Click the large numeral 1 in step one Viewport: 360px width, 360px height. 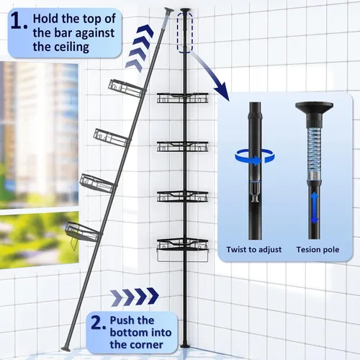[19, 21]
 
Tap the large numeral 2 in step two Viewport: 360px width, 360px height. [98, 323]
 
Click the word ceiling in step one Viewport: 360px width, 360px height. [61, 47]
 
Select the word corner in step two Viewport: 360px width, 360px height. [137, 345]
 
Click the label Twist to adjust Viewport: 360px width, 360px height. [254, 250]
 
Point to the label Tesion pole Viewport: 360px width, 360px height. [318, 250]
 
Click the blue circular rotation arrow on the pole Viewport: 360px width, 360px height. [255, 157]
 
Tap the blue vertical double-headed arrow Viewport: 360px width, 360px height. [315, 208]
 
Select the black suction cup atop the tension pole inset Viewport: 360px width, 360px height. [314, 108]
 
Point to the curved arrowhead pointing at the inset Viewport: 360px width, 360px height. [222, 91]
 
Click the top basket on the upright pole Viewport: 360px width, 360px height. [183, 98]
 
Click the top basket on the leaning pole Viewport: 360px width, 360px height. [126, 89]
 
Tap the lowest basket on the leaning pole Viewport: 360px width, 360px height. [83, 233]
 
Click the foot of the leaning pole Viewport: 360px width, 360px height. [66, 348]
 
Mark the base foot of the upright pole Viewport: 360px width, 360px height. [185, 346]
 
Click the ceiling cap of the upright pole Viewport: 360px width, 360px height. [185, 11]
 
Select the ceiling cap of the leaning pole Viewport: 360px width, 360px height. [169, 10]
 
